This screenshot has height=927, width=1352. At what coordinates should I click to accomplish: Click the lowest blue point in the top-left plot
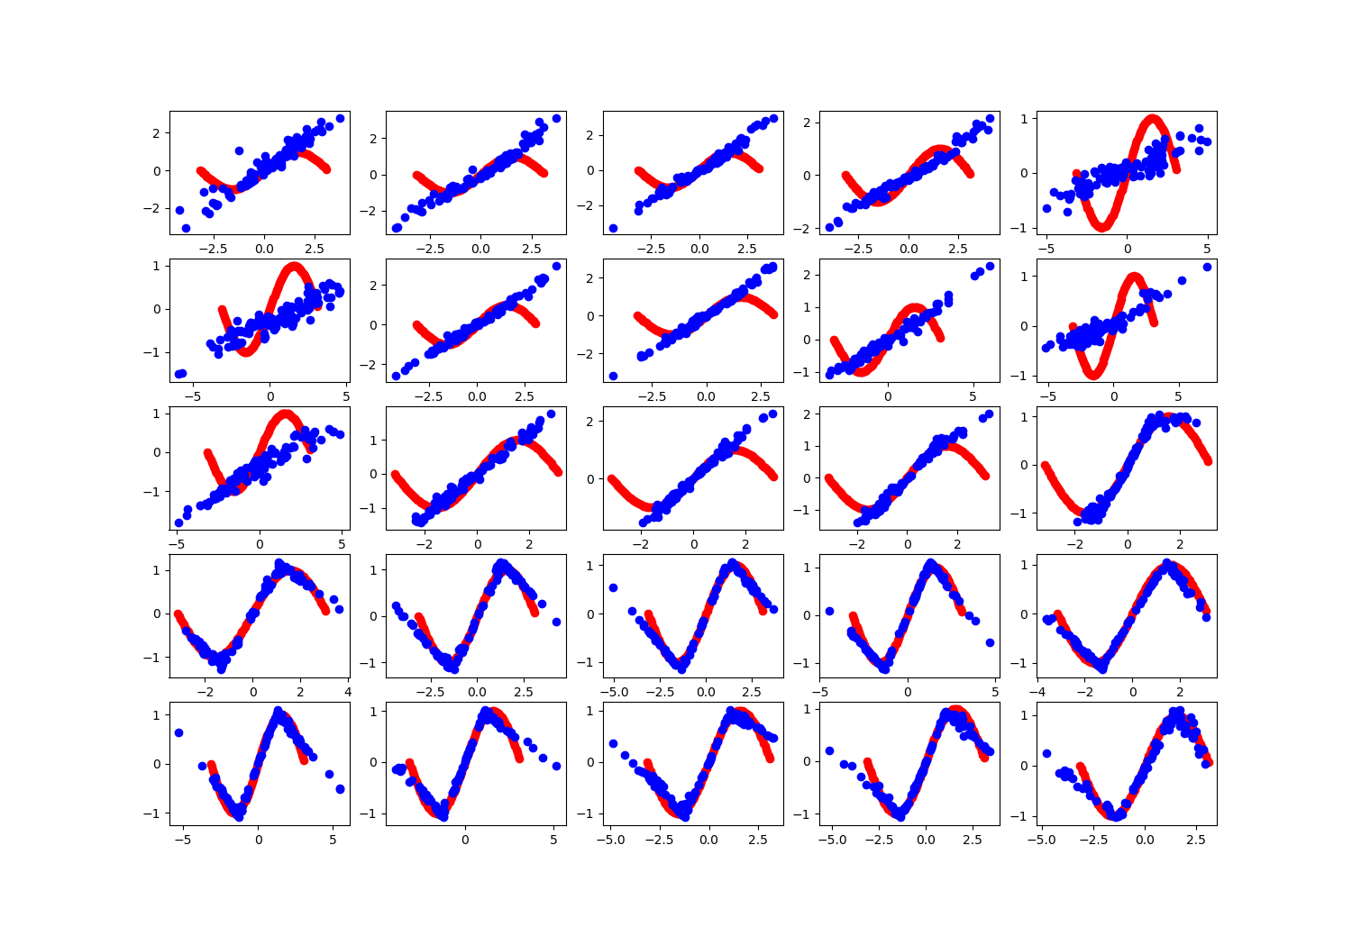(186, 228)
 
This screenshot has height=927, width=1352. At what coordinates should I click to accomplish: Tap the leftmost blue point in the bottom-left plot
(178, 732)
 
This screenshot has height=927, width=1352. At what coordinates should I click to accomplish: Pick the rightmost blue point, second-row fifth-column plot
(1207, 267)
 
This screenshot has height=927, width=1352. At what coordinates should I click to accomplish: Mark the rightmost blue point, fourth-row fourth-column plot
(990, 642)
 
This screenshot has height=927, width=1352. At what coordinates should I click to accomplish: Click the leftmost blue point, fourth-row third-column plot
(613, 587)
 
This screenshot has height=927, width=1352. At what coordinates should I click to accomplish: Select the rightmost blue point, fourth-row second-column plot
(556, 622)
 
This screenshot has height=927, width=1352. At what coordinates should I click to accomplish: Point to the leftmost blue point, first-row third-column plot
(613, 228)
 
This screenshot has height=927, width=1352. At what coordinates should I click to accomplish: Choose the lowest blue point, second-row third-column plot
(613, 376)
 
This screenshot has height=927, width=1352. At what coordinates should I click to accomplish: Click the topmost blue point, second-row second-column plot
(556, 266)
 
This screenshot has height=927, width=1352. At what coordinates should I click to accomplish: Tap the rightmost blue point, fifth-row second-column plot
(556, 766)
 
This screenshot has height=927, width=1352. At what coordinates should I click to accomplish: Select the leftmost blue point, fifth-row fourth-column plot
(829, 750)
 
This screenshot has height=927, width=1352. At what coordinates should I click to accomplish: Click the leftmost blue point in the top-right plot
(1046, 208)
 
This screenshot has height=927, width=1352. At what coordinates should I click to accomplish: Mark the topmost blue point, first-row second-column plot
(556, 118)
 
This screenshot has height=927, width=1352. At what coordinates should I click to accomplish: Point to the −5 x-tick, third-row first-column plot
(178, 544)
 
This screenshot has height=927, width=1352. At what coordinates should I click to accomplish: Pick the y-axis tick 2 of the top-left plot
(157, 132)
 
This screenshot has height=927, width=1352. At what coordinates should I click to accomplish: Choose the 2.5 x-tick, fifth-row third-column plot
(759, 840)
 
